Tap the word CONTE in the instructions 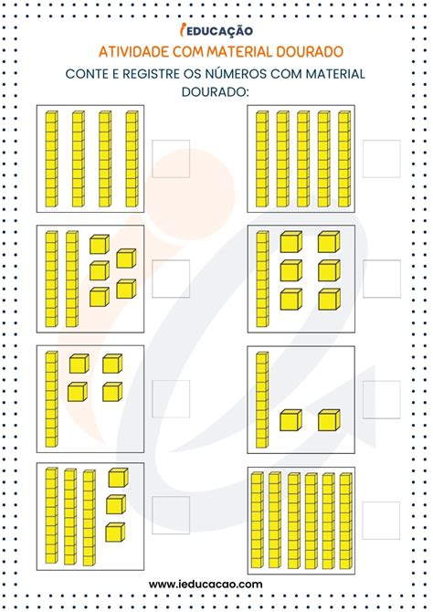(x=87, y=74)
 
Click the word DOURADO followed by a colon (x=216, y=91)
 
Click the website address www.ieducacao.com (x=206, y=584)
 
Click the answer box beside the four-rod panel (x=171, y=159)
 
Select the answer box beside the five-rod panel (x=382, y=159)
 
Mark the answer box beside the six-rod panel (x=381, y=521)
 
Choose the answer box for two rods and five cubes (x=171, y=279)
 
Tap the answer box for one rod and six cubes (x=382, y=279)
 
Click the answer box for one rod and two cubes (x=382, y=400)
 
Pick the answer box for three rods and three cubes (x=171, y=515)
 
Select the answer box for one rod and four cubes (x=171, y=399)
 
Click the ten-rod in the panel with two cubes (x=262, y=400)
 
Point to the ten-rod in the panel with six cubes (x=262, y=279)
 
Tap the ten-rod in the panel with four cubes (x=51, y=398)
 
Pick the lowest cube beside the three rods (x=115, y=533)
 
